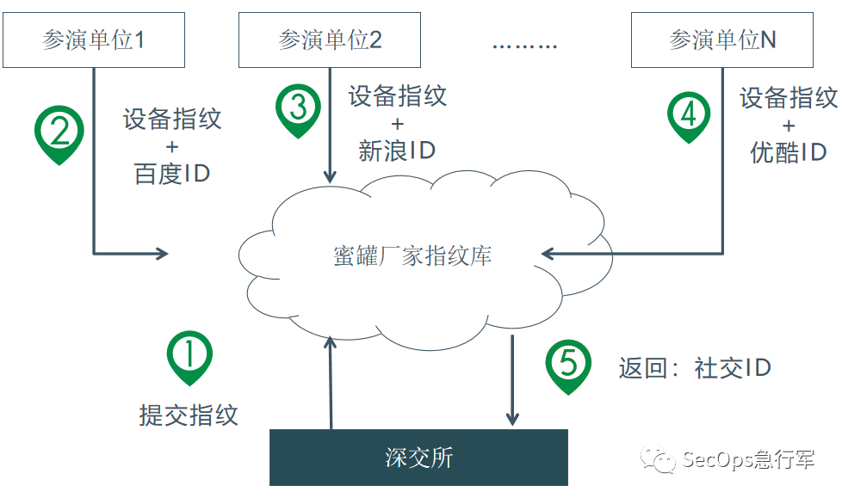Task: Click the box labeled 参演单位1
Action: coord(93,40)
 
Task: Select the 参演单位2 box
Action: coord(330,40)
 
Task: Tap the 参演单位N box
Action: coord(721,40)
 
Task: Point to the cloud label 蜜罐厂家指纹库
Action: coord(412,255)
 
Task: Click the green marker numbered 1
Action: coord(189,356)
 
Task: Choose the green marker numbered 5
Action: coord(568,365)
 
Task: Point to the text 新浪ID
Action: coord(397,151)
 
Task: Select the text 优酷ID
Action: coord(789,153)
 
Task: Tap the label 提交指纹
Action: coord(189,415)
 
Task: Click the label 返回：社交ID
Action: coord(694,368)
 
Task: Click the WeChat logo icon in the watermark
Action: coord(664,460)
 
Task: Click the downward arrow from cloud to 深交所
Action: coord(513,378)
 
